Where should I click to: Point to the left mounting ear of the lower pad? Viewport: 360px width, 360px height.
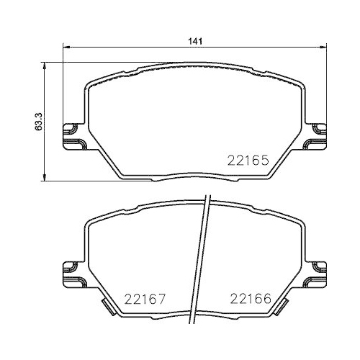coord(72,272)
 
